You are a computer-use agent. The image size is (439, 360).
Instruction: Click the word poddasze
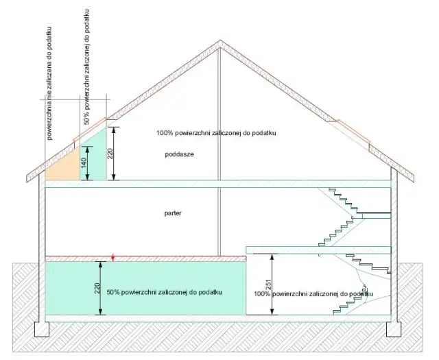tap(180, 154)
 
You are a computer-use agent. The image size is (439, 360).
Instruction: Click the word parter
tap(173, 213)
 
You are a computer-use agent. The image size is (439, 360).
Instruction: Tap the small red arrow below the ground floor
tap(114, 258)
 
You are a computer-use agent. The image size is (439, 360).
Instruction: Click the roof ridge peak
tap(219, 42)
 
